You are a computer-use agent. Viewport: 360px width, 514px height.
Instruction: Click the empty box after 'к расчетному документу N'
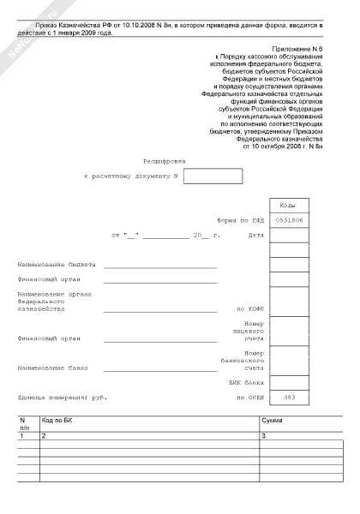tap(213, 176)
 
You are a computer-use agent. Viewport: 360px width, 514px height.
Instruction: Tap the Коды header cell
tap(289, 206)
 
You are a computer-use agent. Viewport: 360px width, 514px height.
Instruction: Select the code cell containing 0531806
tap(289, 220)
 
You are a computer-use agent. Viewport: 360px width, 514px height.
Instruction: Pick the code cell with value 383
tap(289, 396)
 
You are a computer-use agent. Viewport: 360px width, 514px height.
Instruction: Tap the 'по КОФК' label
tap(249, 308)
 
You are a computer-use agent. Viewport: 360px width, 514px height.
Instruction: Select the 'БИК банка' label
tap(250, 382)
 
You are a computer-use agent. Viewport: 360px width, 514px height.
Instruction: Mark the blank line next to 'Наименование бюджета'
tap(160, 266)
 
